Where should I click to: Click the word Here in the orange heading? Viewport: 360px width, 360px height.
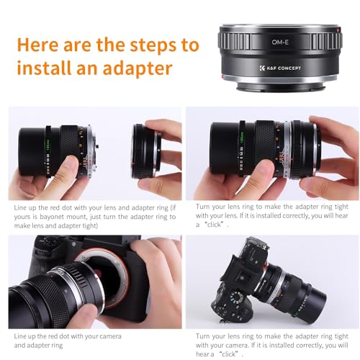(x=41, y=45)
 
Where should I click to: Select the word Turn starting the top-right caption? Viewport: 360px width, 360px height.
(x=204, y=207)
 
